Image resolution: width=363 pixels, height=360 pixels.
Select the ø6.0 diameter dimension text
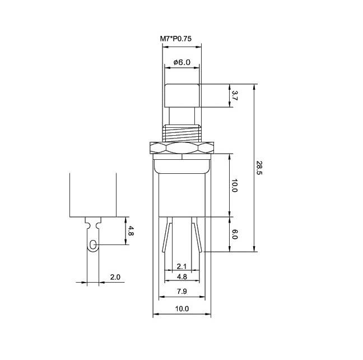tap(182, 62)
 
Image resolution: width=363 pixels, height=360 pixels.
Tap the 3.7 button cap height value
tap(235, 95)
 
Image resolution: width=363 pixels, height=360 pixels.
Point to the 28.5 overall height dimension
tap(259, 168)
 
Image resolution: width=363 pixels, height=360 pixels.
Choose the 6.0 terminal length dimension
tap(235, 234)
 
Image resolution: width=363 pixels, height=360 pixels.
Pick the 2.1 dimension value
tap(182, 266)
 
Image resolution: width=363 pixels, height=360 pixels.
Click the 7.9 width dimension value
tap(182, 291)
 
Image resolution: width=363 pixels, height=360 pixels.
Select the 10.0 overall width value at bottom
tap(182, 308)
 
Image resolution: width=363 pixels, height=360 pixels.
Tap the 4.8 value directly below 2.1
tap(182, 277)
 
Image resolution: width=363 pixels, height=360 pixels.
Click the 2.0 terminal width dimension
tap(115, 277)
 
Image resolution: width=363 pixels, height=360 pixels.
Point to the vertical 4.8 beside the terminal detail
tap(130, 230)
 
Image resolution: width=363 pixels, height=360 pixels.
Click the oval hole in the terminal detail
tap(93, 244)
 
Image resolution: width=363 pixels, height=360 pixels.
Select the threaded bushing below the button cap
tap(182, 133)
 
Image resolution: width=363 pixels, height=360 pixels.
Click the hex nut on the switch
tap(182, 149)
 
